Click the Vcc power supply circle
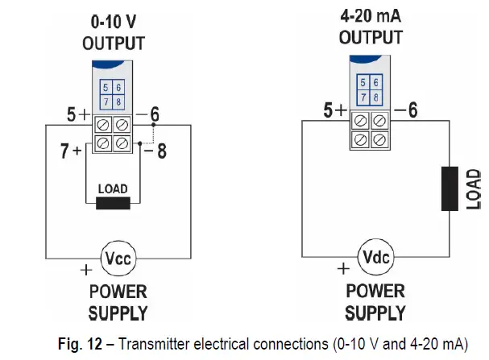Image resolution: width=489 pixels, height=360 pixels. point(118,259)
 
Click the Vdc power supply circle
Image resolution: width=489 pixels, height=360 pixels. point(374,258)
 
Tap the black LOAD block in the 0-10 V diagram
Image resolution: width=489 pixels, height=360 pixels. point(113,201)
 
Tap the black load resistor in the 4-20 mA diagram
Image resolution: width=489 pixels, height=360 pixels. point(449,189)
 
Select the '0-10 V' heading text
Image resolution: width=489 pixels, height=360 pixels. point(117,18)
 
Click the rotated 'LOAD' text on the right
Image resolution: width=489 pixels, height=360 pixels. point(474,188)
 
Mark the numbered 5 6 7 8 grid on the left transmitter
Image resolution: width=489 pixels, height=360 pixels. point(112,93)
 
